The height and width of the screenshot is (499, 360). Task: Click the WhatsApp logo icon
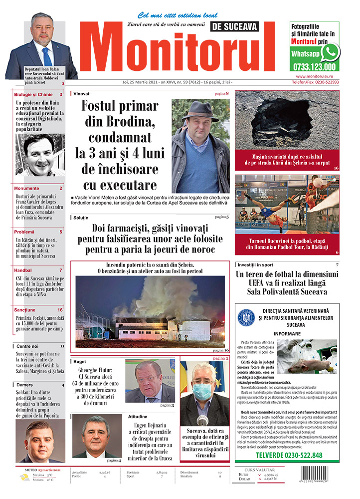(330, 52)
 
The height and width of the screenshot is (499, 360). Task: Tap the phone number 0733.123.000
(315, 67)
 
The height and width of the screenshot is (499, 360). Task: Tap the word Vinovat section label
(81, 93)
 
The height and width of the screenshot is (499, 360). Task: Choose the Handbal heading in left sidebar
(23, 270)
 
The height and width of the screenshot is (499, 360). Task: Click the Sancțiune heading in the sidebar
(25, 310)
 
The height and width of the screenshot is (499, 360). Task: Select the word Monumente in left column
(27, 188)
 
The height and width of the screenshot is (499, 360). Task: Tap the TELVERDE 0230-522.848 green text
(289, 456)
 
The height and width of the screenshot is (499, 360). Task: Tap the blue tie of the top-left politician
(46, 55)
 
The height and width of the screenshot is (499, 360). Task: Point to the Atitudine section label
(138, 416)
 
